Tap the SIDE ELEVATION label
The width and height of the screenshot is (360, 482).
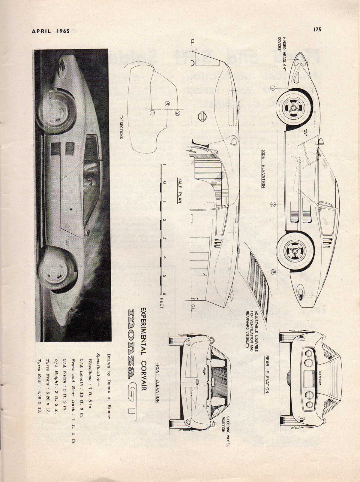[x=263, y=169]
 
